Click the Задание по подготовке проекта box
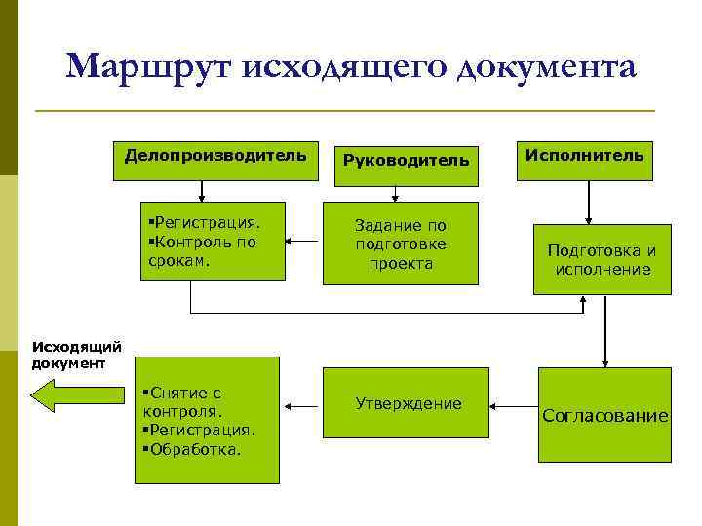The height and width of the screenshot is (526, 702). tap(401, 244)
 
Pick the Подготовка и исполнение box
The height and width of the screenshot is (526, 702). tap(602, 259)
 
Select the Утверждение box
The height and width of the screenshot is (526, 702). tap(409, 403)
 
